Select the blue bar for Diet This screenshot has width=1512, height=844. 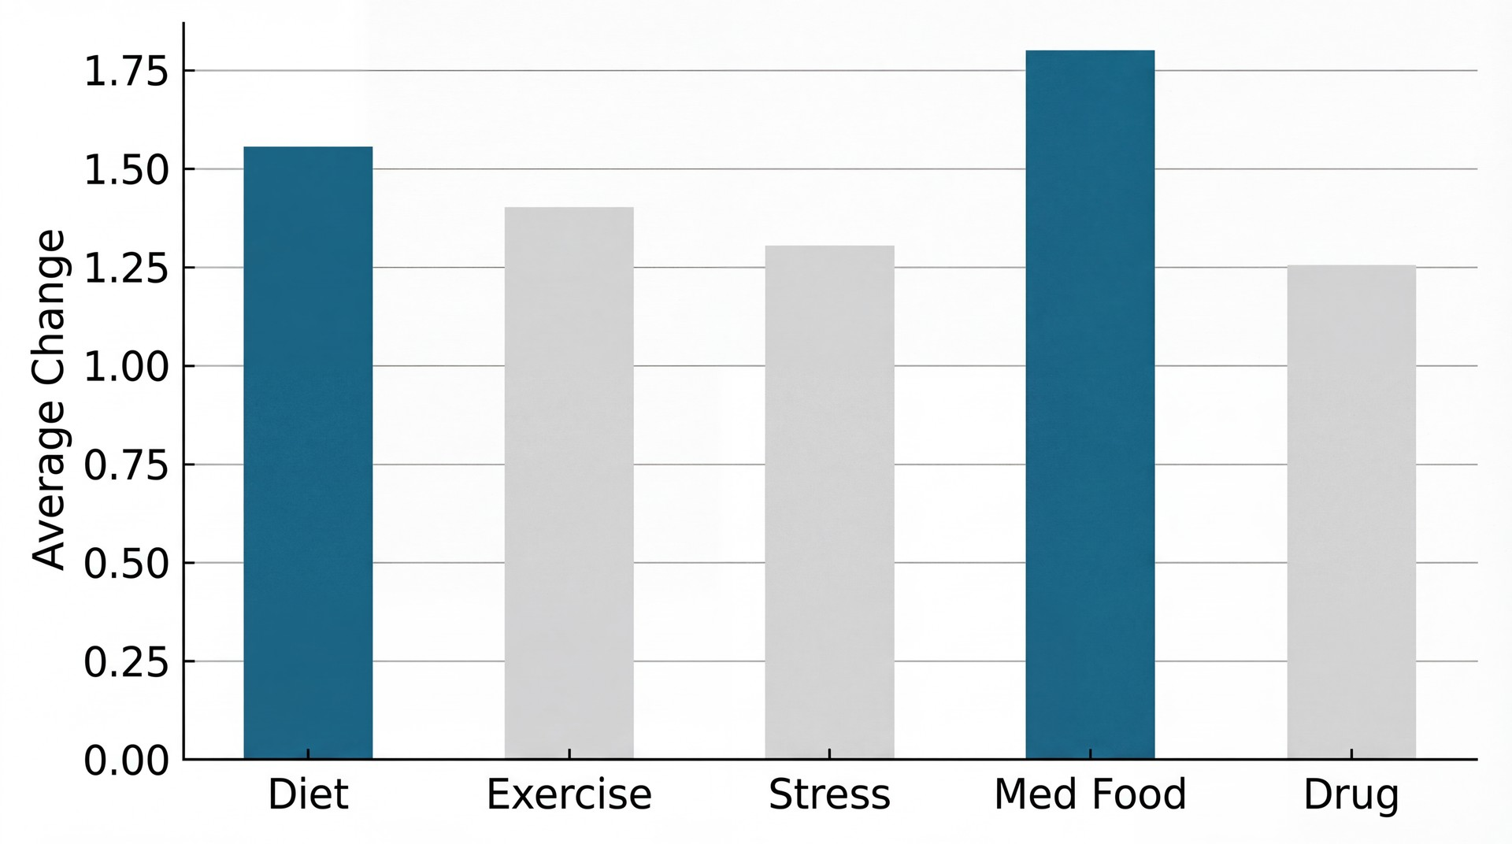click(308, 453)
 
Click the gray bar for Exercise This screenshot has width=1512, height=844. click(569, 483)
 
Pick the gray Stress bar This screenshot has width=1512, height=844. click(829, 502)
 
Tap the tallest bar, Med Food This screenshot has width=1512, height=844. click(1090, 405)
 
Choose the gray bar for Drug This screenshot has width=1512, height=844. click(1351, 512)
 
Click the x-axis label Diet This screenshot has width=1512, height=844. click(308, 794)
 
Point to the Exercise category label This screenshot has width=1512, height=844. click(569, 794)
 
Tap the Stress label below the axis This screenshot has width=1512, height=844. click(829, 794)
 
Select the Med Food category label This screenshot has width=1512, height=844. click(1090, 794)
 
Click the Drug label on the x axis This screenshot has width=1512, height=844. click(1351, 795)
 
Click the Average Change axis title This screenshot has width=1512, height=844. click(49, 399)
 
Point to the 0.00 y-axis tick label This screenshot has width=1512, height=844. click(127, 761)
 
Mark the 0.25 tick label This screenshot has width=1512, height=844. click(127, 663)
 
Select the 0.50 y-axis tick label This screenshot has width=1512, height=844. click(127, 565)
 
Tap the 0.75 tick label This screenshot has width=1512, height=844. click(127, 466)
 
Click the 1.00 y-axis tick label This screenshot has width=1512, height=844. click(127, 368)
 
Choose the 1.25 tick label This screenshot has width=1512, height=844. click(127, 269)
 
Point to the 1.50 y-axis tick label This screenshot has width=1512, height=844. click(127, 171)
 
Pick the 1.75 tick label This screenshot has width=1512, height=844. click(127, 72)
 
